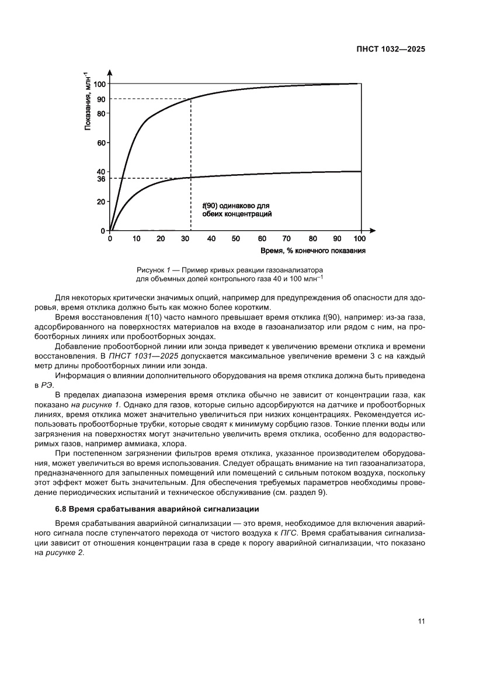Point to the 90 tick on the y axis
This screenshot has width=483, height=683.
[x=101, y=99]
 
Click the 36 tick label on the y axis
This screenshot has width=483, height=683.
[x=101, y=179]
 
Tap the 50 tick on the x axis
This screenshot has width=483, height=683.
[x=235, y=239]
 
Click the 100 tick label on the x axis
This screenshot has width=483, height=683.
[x=359, y=239]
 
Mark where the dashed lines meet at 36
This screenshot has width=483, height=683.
[x=191, y=178]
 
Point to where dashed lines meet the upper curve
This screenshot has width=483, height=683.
[x=191, y=99]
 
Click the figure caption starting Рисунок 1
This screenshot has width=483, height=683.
[x=230, y=275]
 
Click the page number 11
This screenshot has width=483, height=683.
[x=421, y=620]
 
